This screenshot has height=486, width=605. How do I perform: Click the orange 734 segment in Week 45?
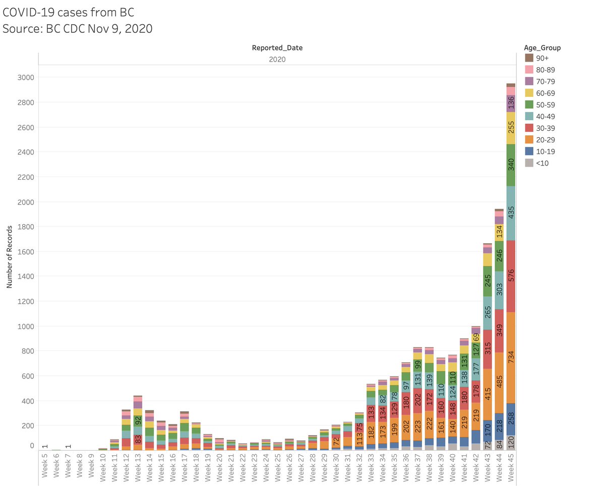pyautogui.click(x=511, y=359)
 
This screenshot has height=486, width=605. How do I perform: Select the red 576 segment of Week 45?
pyautogui.click(x=511, y=276)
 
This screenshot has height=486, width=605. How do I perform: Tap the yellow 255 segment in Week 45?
pyautogui.click(x=511, y=128)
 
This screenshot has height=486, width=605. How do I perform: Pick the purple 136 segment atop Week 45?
pyautogui.click(x=511, y=103)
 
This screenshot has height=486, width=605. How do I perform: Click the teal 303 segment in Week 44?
pyautogui.click(x=499, y=290)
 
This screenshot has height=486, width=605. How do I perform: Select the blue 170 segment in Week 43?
pyautogui.click(x=487, y=429)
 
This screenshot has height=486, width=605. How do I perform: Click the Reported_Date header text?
pyautogui.click(x=277, y=48)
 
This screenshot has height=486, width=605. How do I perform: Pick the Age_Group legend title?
pyautogui.click(x=542, y=48)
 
